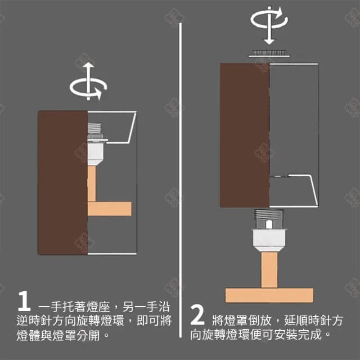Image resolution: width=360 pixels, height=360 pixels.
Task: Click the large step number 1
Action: pyautogui.click(x=23, y=303)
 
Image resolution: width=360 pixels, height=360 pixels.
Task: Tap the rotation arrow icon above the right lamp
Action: pyautogui.click(x=269, y=22)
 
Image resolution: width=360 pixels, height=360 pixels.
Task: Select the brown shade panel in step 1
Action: pyautogui.click(x=62, y=183)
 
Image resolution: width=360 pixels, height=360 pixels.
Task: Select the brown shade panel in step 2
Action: pyautogui.click(x=244, y=135)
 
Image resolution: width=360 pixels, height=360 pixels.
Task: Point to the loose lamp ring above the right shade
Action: pyautogui.click(x=269, y=54)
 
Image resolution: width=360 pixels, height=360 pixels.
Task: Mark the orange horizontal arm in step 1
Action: pyautogui.click(x=110, y=209)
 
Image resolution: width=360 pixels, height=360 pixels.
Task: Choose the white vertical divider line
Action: pyautogui.click(x=181, y=180)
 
